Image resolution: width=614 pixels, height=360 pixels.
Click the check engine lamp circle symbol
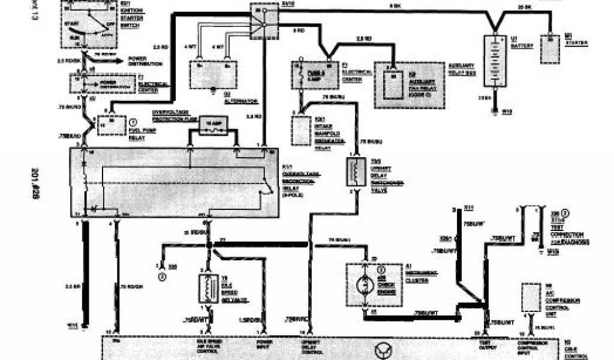coord(365,282)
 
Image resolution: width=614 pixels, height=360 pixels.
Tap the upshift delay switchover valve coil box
coord(356,172)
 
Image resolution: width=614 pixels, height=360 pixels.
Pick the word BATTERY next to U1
coord(519,46)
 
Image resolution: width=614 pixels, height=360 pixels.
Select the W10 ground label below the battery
coord(506,112)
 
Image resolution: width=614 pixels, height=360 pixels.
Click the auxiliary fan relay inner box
coord(392,83)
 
